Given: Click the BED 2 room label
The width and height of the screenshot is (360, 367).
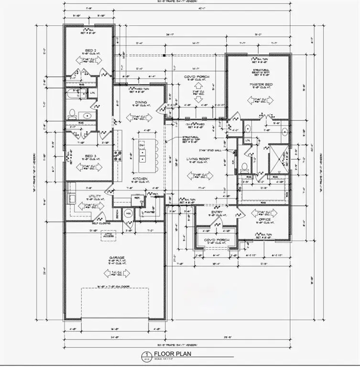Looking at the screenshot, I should [89, 50].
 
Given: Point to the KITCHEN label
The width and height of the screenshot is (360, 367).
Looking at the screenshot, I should [140, 179].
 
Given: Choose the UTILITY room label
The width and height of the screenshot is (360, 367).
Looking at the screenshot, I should [95, 196].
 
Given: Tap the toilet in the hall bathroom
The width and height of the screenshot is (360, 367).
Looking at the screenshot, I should [72, 114].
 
